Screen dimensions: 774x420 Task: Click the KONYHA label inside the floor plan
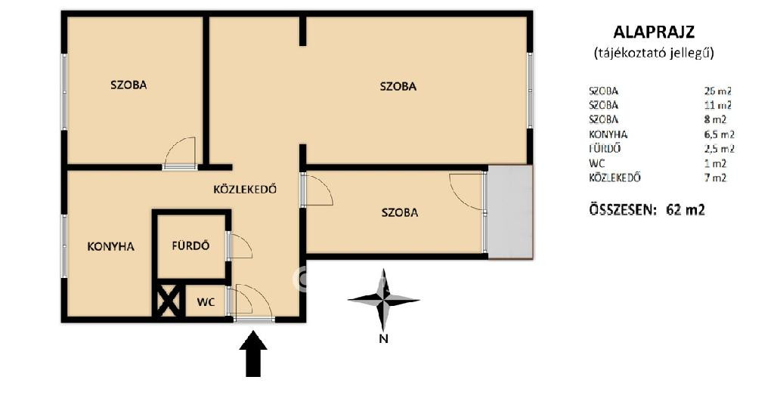tap(110, 246)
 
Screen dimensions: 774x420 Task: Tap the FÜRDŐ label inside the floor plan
tap(190, 246)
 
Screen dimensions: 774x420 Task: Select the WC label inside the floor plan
tap(206, 301)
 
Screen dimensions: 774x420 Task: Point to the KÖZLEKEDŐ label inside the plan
tap(245, 189)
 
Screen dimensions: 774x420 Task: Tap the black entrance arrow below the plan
tap(253, 354)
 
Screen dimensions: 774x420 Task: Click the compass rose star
tap(383, 299)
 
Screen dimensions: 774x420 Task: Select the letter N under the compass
tap(383, 338)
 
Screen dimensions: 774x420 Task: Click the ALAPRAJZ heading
tap(654, 32)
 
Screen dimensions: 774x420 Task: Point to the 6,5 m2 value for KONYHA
tap(720, 134)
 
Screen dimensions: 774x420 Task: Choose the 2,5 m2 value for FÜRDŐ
tap(720, 149)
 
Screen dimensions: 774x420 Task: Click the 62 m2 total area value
tap(685, 210)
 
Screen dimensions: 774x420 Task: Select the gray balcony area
tap(510, 212)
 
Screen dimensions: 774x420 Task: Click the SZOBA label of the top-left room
tap(128, 85)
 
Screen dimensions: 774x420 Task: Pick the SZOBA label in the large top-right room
tap(398, 86)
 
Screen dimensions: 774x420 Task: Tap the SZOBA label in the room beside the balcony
tap(400, 213)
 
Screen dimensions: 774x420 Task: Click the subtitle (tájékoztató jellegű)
tap(654, 53)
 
